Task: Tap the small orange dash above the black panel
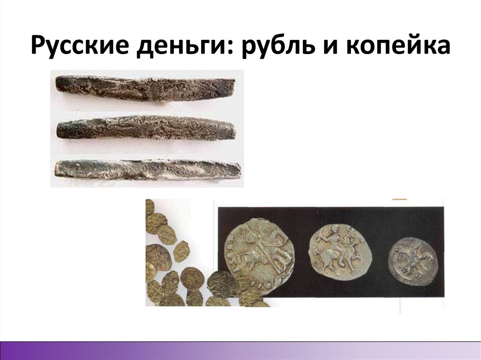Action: (x=399, y=200)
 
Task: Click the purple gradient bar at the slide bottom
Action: (x=240, y=350)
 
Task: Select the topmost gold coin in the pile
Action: (x=149, y=207)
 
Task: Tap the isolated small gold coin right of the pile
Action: (x=181, y=252)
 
